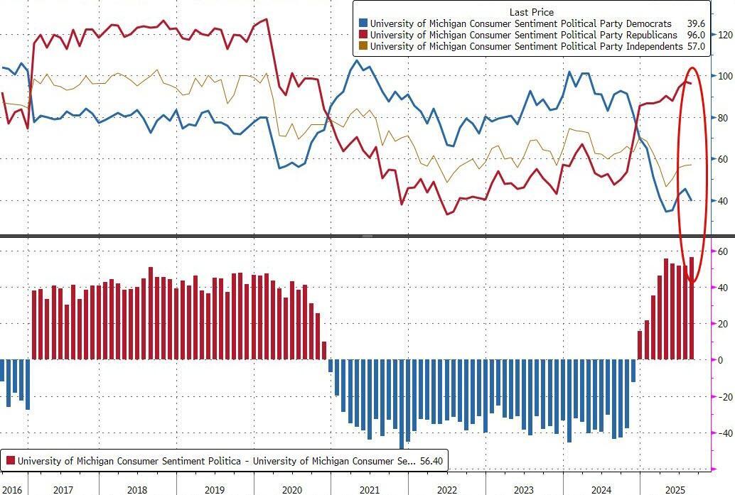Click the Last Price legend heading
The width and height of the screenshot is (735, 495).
532,12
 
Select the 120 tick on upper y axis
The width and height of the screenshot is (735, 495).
725,35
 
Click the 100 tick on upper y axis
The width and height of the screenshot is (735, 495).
725,76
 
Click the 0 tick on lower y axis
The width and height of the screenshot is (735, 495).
721,360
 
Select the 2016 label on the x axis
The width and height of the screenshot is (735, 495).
12,490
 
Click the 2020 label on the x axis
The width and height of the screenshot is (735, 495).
292,490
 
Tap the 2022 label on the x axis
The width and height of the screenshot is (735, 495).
446,490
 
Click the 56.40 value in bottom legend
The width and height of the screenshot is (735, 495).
431,461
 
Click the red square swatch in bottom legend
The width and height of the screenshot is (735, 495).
11,461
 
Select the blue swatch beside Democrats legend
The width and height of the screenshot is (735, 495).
363,23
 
